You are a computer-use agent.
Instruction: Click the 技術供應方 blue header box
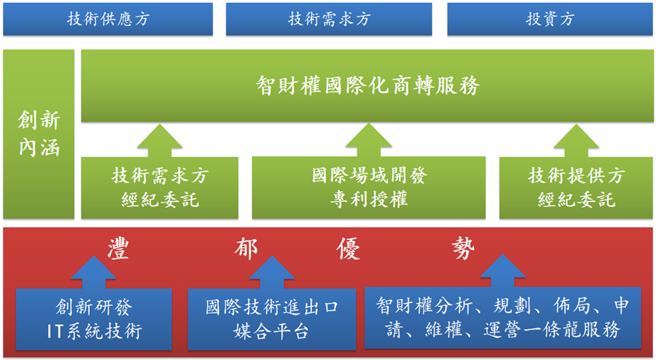tap(107, 19)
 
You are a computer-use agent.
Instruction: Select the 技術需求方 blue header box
tap(329, 19)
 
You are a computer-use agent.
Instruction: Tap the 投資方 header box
tap(550, 19)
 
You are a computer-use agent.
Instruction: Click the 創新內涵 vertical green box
tap(38, 133)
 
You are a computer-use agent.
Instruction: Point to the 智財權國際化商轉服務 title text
tap(367, 85)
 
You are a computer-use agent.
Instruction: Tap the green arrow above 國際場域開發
tap(368, 140)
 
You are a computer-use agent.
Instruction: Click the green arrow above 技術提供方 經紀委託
tap(575, 140)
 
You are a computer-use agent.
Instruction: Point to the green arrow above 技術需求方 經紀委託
tap(159, 140)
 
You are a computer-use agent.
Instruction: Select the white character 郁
tap(237, 248)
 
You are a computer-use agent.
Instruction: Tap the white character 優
tap(350, 248)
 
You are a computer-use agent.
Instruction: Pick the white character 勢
tap(463, 248)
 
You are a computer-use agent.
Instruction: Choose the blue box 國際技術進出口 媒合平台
tap(271, 319)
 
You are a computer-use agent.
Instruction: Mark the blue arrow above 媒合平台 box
tap(271, 273)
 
